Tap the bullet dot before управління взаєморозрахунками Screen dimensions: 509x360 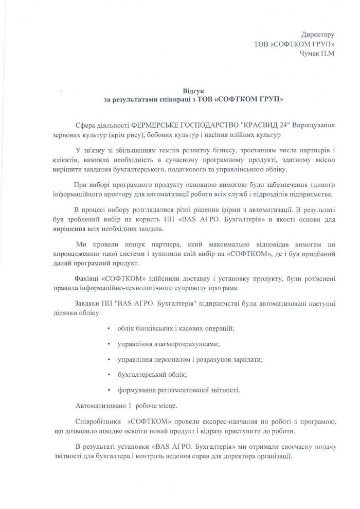pyautogui.click(x=109, y=343)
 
